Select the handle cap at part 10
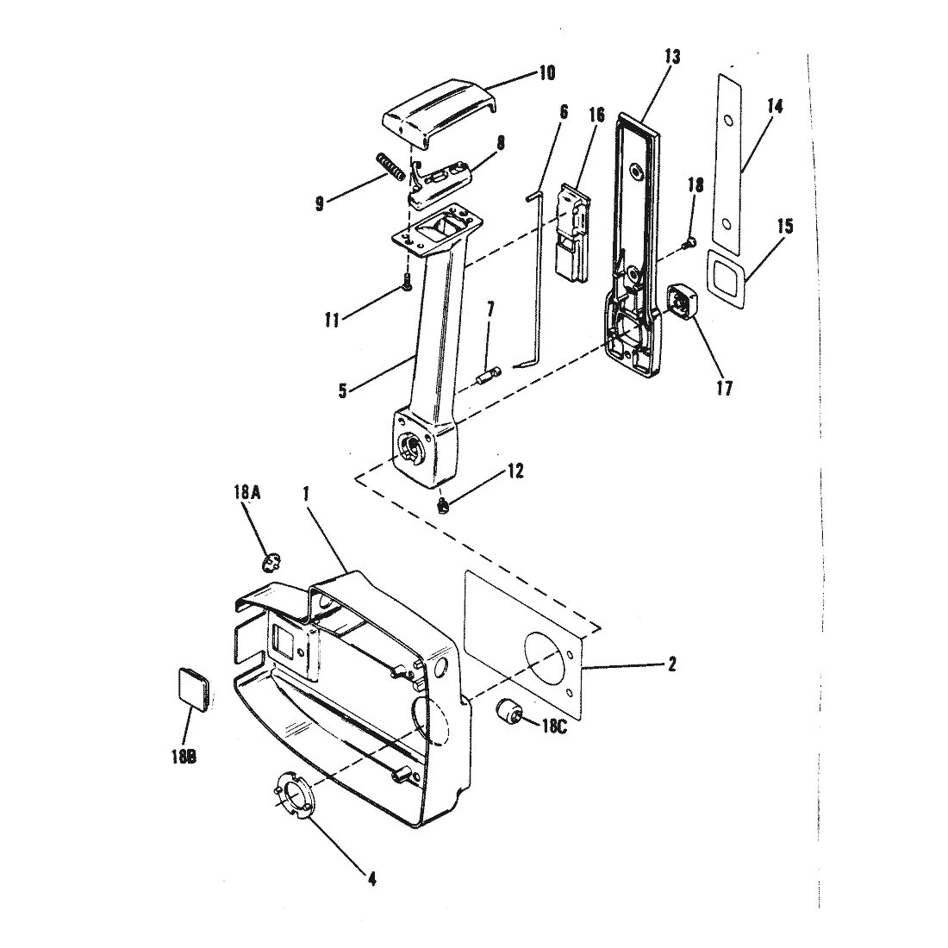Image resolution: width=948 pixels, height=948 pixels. tap(440, 111)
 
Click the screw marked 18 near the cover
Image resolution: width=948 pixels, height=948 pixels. tap(689, 243)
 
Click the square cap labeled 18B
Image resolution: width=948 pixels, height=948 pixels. tap(194, 688)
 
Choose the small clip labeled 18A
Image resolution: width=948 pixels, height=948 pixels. tap(272, 562)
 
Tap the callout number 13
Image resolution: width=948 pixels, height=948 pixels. tap(671, 57)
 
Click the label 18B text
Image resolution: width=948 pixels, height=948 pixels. tap(184, 757)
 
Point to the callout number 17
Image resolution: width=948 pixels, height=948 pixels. tap(724, 388)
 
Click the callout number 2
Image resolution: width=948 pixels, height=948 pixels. tap(671, 664)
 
